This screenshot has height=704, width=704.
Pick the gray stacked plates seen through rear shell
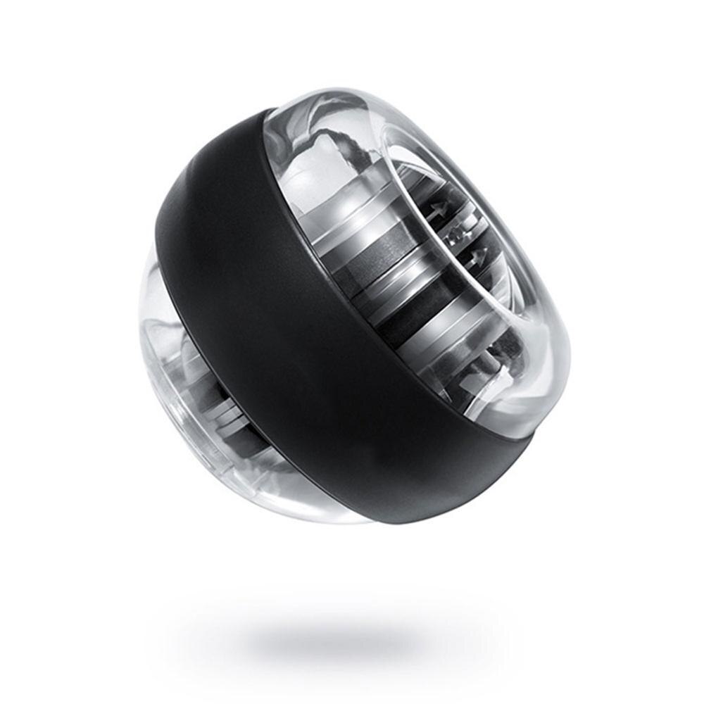click(225, 415)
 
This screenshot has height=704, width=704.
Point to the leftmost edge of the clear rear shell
click(142, 338)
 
